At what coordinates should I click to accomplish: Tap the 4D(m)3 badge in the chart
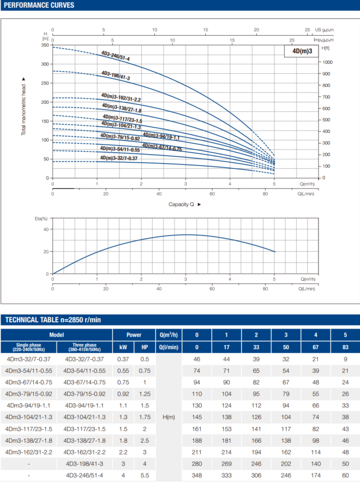pyautogui.click(x=302, y=51)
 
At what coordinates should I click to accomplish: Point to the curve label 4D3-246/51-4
pyautogui.click(x=116, y=56)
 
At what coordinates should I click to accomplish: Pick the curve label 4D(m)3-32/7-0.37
pyautogui.click(x=118, y=158)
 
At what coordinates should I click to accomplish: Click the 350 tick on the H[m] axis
pyautogui.click(x=45, y=45)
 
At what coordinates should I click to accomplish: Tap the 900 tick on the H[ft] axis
pyautogui.click(x=327, y=74)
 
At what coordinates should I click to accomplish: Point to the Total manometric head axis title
pyautogui.click(x=24, y=106)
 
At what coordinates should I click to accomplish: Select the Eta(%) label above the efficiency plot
pyautogui.click(x=41, y=219)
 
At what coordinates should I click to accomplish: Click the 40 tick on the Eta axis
pyautogui.click(x=46, y=229)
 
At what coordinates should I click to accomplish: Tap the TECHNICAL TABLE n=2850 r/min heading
pyautogui.click(x=53, y=320)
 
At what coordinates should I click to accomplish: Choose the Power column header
pyautogui.click(x=133, y=335)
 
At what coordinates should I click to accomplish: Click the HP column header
pyautogui.click(x=144, y=347)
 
